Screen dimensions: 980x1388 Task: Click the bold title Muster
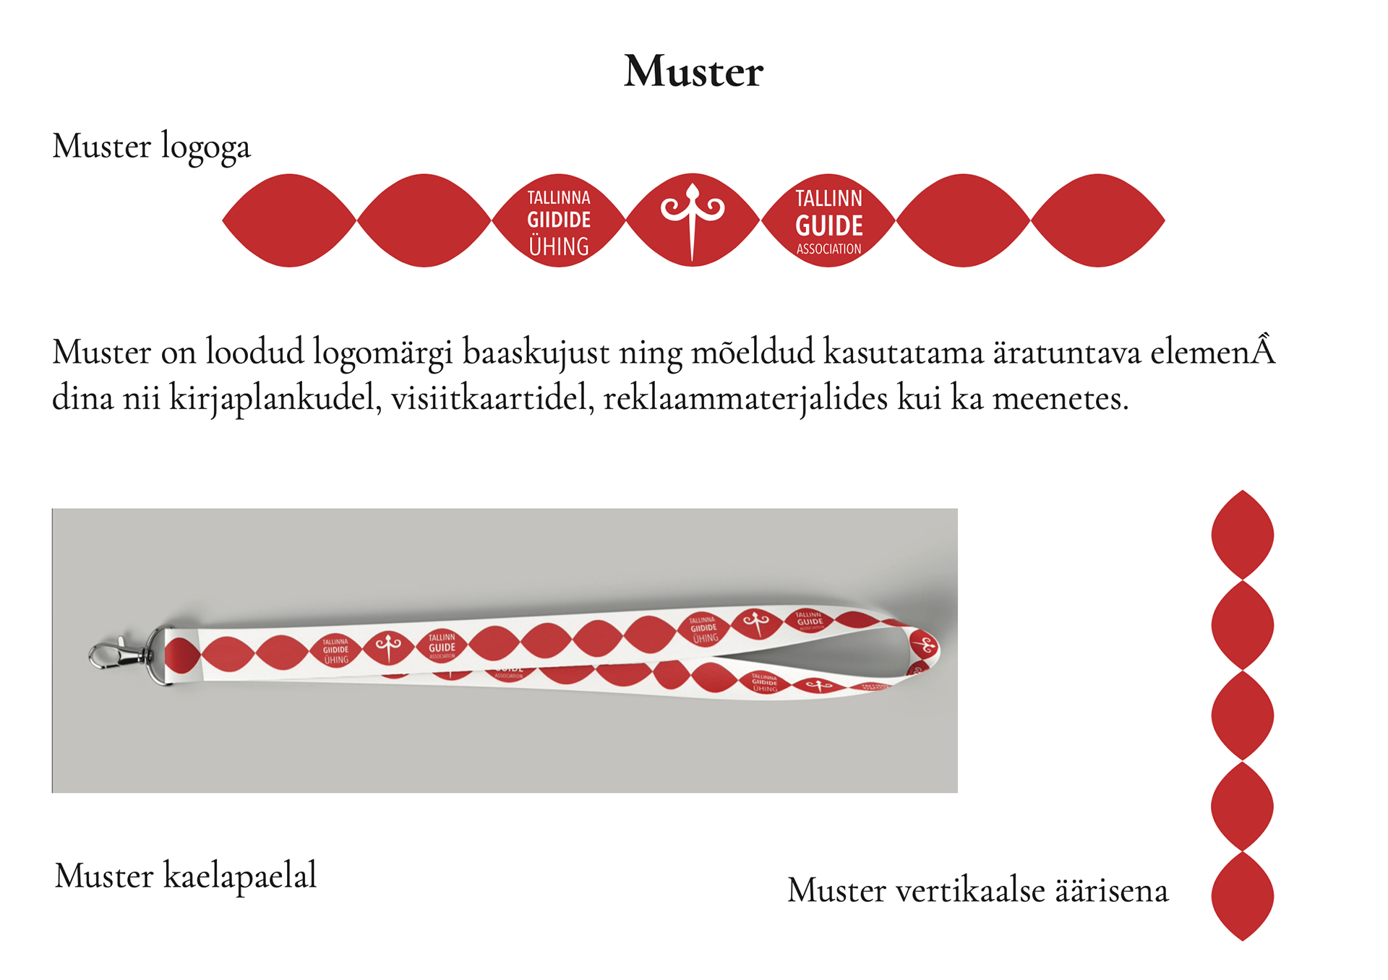693,72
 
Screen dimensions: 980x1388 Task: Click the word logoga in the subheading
205,147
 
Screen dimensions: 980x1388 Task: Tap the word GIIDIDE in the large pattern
559,220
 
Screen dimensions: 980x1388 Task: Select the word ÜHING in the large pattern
559,246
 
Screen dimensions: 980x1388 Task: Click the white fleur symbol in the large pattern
693,216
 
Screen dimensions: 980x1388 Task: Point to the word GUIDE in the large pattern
829,226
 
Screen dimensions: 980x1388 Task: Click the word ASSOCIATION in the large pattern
829,249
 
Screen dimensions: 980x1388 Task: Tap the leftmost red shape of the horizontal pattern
289,220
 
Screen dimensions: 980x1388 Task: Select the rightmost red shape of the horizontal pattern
1097,220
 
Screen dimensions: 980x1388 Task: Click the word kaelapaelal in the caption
240,876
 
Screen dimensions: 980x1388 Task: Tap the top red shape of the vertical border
1242,535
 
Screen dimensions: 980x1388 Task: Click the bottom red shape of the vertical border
1242,896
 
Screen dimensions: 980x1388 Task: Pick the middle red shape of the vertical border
1242,715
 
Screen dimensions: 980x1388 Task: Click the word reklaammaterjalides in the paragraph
745,398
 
